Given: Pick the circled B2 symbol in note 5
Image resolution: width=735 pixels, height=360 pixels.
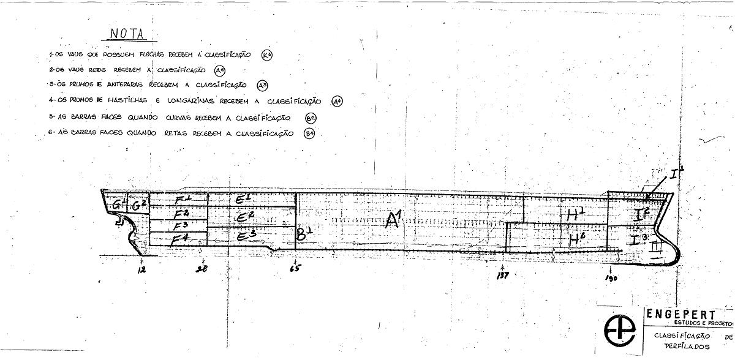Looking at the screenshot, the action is (x=311, y=118).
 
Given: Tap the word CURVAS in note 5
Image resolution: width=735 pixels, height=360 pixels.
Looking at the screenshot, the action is (x=175, y=118).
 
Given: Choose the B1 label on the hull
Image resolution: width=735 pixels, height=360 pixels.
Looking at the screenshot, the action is (x=304, y=233).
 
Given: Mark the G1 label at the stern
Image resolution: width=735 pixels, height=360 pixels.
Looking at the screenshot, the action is (x=115, y=205).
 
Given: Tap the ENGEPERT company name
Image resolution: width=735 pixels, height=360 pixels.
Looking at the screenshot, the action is (x=680, y=314).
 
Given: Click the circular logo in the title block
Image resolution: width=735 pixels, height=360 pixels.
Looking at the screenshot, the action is (x=620, y=331).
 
